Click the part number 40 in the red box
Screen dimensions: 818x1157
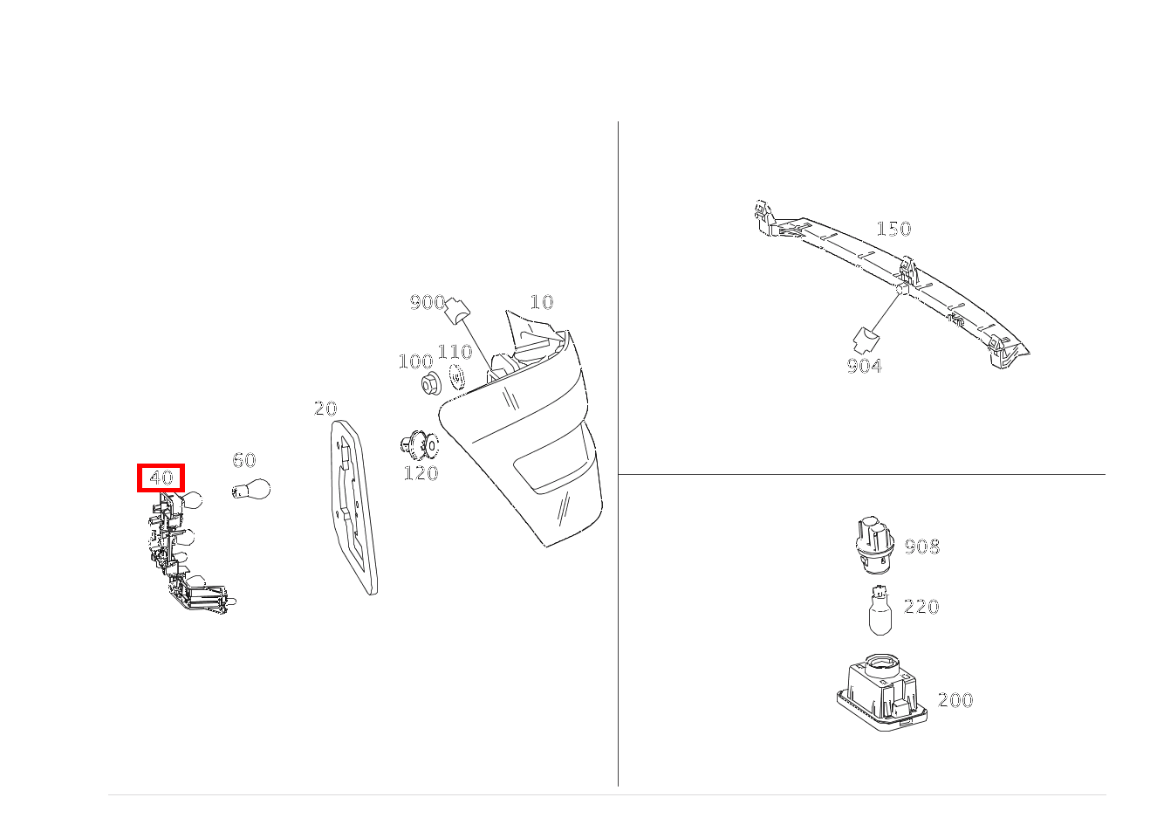161,478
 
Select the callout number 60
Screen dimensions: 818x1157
244,460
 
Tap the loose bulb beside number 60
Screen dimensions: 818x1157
252,489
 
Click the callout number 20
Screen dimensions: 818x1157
325,409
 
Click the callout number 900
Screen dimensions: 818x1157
428,302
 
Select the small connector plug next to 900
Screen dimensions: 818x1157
457,308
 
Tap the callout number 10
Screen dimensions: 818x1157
542,302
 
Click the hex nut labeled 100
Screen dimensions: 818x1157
429,383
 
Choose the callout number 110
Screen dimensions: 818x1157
455,352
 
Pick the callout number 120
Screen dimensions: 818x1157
421,473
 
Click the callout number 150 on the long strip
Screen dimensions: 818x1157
893,229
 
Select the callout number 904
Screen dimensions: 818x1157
864,367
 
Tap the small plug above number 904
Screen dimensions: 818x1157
866,339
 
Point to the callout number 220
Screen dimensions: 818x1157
921,606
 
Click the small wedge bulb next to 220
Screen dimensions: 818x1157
880,611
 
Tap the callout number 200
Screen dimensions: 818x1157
955,700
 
